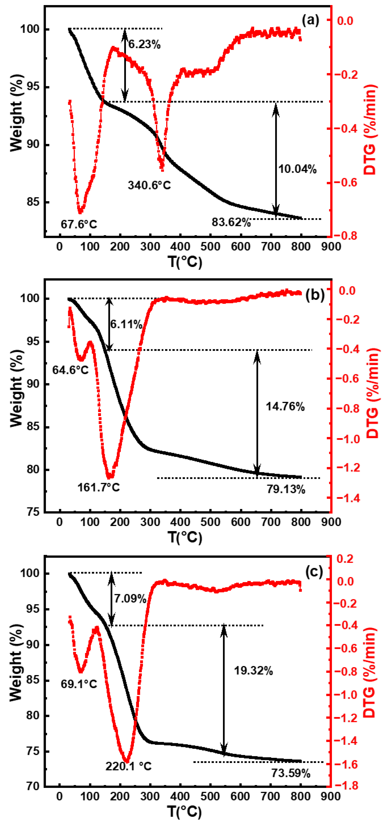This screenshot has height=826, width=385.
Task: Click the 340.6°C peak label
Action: pos(149,185)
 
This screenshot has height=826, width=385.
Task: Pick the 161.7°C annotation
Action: pos(98,488)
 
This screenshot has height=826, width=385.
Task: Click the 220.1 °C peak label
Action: pos(128,766)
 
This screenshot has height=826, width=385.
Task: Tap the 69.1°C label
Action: pos(79,684)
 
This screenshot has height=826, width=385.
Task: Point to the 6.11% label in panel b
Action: pos(126,324)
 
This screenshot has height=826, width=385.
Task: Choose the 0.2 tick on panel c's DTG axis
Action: pos(345,559)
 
